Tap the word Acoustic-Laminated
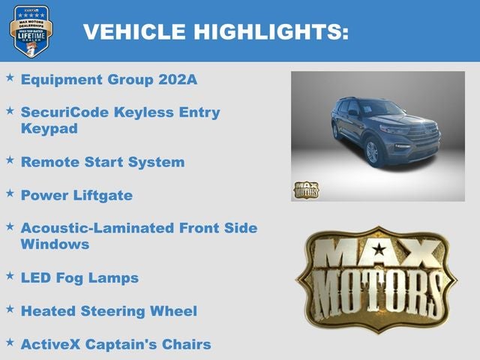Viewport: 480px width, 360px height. tap(98, 228)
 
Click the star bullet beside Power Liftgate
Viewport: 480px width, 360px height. tap(10, 193)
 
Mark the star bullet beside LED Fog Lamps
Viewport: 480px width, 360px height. tap(10, 275)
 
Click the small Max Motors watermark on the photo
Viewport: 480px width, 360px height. tap(305, 190)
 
